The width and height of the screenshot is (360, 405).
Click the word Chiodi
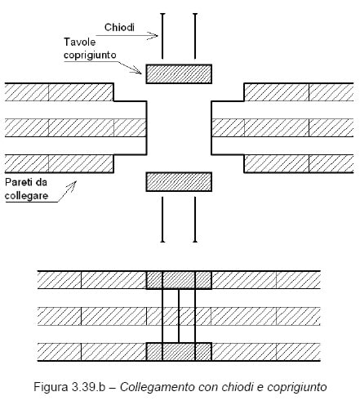click(119, 28)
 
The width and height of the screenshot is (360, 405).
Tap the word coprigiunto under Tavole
click(90, 56)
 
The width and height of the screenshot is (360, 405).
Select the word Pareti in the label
click(19, 182)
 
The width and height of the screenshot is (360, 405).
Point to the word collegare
click(27, 195)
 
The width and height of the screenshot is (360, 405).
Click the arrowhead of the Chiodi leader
click(153, 36)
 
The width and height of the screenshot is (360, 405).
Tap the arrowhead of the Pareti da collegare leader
click(72, 185)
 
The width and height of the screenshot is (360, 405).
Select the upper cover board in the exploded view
click(179, 74)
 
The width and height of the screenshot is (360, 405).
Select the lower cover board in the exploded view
click(179, 182)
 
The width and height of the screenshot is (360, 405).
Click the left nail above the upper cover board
click(162, 36)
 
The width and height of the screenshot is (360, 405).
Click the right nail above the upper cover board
click(195, 36)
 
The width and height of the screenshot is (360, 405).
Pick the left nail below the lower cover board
click(162, 220)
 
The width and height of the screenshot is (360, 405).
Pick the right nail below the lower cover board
click(195, 220)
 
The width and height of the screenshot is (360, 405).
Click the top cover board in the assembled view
click(179, 280)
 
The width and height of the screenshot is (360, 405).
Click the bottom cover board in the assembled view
click(179, 352)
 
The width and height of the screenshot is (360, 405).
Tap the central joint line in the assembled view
click(179, 316)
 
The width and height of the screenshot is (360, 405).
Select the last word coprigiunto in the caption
click(297, 388)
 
